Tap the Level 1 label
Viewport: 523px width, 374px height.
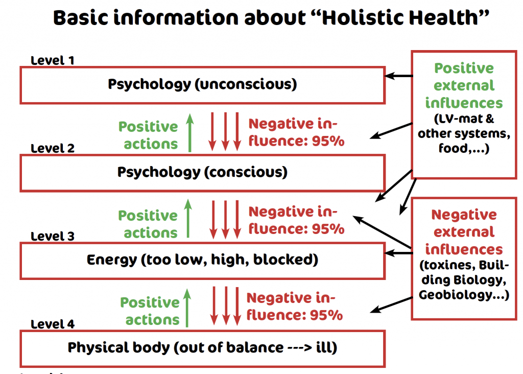coord(53,60)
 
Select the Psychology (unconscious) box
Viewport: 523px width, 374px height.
coord(202,84)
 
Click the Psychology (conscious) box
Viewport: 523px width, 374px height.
coord(202,172)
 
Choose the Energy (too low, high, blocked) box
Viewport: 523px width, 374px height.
coord(202,260)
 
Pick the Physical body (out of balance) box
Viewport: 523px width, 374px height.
coord(202,348)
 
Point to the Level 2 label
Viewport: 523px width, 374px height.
coord(53,148)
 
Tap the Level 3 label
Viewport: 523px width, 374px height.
coord(53,236)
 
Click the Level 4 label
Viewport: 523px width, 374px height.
coord(53,324)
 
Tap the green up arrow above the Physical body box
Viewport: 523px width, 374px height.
coord(187,307)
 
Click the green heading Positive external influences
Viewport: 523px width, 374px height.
coord(464,86)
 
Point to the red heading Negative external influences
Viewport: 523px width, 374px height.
coord(464,232)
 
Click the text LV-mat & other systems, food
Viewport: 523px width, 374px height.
coord(464,134)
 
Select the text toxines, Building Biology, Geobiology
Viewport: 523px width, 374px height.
coord(464,280)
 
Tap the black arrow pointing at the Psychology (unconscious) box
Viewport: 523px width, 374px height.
coord(398,77)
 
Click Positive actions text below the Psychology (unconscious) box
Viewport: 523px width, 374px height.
coord(148,135)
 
